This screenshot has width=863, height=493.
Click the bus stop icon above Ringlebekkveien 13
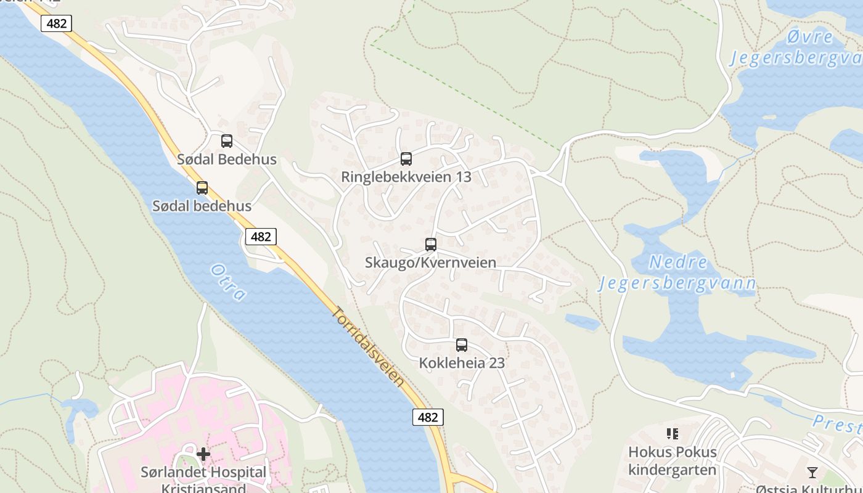(406, 159)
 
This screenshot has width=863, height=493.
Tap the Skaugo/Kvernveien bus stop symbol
(431, 245)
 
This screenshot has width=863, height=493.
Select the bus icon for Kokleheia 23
(462, 345)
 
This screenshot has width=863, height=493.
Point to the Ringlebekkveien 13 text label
(406, 177)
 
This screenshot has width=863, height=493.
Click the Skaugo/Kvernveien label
(430, 263)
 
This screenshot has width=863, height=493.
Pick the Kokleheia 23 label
(462, 363)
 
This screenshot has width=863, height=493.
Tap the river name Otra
(228, 282)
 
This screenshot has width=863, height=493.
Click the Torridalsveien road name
(369, 346)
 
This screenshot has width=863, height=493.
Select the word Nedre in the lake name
(678, 263)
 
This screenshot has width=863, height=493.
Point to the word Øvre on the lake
(810, 37)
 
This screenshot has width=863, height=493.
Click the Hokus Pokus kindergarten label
(672, 461)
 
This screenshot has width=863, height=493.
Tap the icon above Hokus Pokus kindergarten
(673, 434)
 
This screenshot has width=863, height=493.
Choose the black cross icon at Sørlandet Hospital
(203, 455)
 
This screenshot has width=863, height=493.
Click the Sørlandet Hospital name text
(203, 473)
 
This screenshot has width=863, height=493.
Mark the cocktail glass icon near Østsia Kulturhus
(812, 473)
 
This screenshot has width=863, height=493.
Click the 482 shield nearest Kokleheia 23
(428, 417)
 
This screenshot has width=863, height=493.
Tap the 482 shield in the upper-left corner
(57, 23)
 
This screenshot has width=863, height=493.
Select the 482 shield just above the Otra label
(261, 237)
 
